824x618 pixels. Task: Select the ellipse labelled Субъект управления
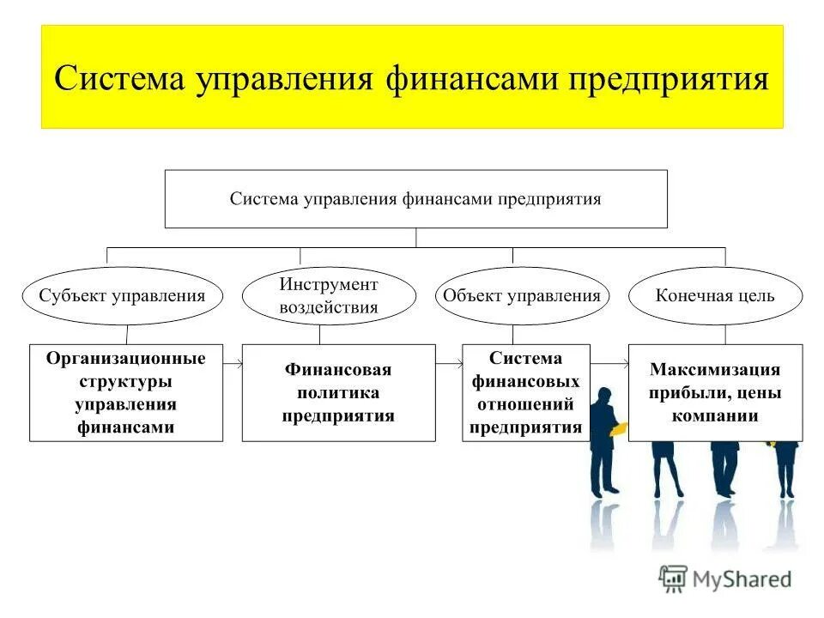[122, 296]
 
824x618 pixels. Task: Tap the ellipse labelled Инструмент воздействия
[329, 296]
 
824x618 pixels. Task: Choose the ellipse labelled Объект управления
[522, 296]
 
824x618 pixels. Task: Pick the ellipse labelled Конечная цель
[715, 296]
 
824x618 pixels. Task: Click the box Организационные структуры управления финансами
[126, 392]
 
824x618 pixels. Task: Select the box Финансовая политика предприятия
[338, 392]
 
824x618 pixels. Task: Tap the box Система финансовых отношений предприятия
[526, 392]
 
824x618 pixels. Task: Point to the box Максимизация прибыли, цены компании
[715, 392]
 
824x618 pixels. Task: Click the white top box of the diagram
[415, 198]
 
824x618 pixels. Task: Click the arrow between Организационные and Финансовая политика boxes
[233, 364]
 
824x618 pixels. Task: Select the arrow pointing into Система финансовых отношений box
[449, 364]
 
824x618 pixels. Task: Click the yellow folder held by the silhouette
[618, 427]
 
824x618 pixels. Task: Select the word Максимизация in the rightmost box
[715, 370]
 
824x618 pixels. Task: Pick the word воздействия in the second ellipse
[329, 307]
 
